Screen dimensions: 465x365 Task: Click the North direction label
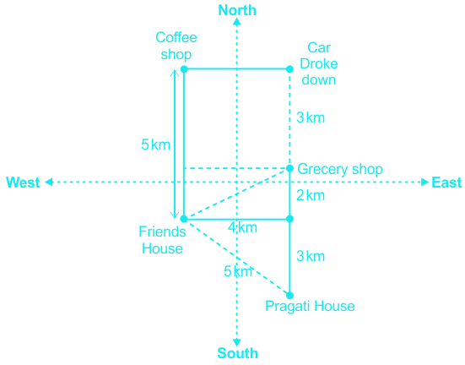(x=237, y=10)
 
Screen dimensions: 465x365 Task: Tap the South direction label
(x=237, y=353)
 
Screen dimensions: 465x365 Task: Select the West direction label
(x=23, y=182)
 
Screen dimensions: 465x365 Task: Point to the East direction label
(x=446, y=182)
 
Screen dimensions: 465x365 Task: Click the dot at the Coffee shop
(x=184, y=69)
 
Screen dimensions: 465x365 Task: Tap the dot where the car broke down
(x=289, y=69)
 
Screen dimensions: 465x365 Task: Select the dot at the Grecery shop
(x=289, y=168)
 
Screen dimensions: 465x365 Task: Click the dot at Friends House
(x=184, y=219)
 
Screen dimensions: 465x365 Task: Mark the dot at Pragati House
(x=289, y=295)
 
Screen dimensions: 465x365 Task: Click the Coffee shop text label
(x=176, y=46)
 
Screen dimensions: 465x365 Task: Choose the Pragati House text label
(x=310, y=306)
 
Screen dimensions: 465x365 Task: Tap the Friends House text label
(x=162, y=240)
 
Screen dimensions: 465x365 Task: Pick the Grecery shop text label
(x=340, y=169)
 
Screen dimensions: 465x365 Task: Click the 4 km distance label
(x=242, y=228)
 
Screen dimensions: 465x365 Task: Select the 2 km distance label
(x=311, y=195)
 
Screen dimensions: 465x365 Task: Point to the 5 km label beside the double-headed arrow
(x=155, y=144)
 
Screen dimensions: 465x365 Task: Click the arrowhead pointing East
(x=425, y=182)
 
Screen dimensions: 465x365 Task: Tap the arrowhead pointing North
(x=236, y=22)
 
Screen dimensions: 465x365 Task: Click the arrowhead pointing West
(x=49, y=182)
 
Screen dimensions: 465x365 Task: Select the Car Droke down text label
(x=319, y=63)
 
